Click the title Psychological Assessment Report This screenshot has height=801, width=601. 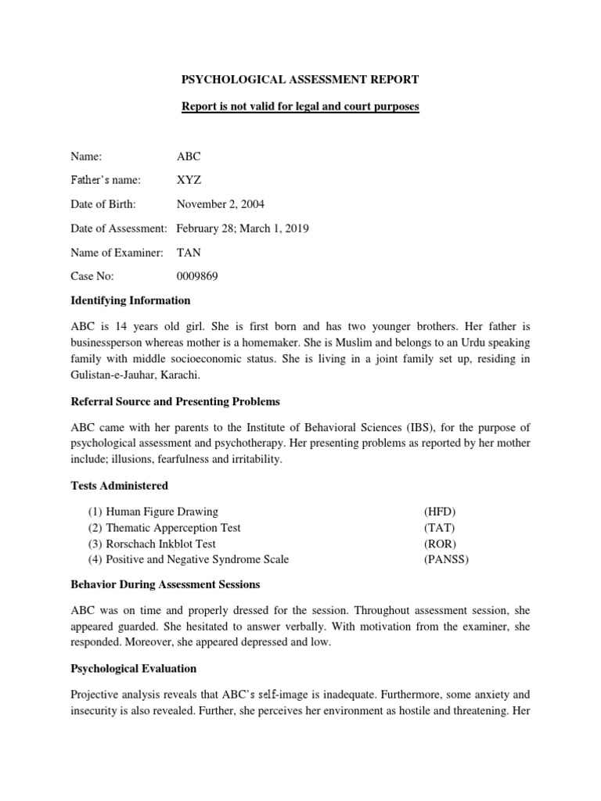(300, 79)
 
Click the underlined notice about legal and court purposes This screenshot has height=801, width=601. (300, 106)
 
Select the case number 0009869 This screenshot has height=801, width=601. (197, 276)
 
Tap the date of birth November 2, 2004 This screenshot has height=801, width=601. (220, 204)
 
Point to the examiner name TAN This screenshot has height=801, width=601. (189, 252)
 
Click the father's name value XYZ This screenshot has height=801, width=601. (189, 180)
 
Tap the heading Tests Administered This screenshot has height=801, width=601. (120, 486)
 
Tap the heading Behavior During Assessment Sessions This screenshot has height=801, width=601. (166, 584)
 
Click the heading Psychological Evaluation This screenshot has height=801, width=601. (134, 669)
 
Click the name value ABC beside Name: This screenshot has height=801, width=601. (189, 156)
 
